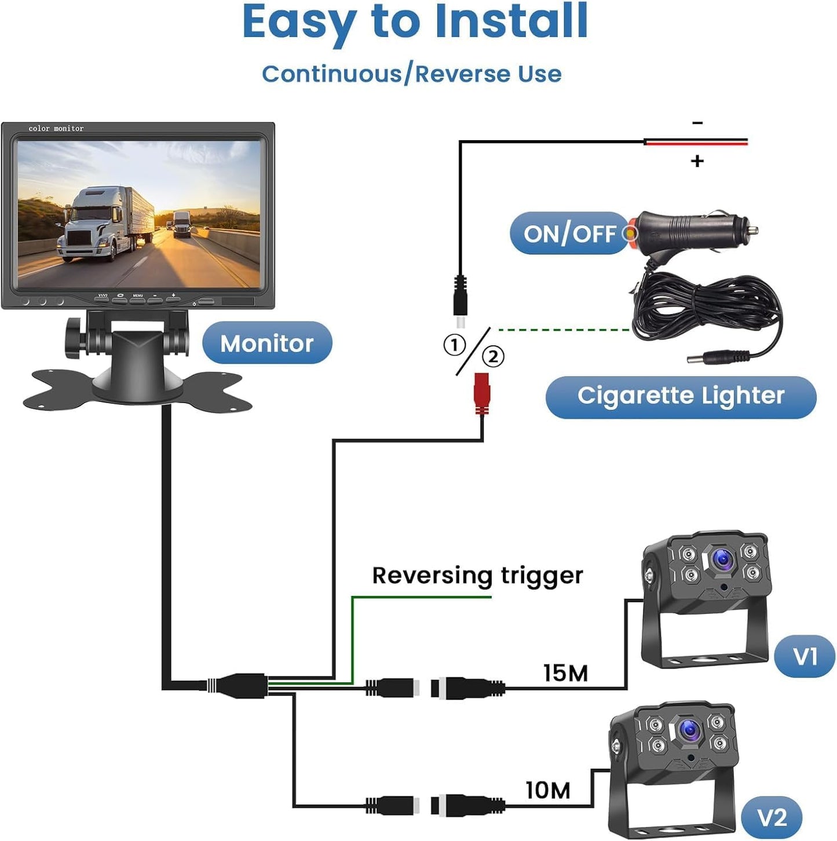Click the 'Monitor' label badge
tap(267, 343)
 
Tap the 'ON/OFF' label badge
tap(569, 233)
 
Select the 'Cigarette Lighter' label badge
tap(681, 396)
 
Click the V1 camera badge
tap(805, 657)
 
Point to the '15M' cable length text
tap(565, 673)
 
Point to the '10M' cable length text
tap(547, 790)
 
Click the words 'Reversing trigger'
tap(477, 575)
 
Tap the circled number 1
tap(455, 345)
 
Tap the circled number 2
tap(493, 356)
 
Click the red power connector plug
tap(481, 393)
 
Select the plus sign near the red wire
tap(697, 161)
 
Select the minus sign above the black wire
tap(697, 123)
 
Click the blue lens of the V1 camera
tap(723, 559)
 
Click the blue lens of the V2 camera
tap(690, 730)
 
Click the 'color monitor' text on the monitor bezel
tap(56, 128)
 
